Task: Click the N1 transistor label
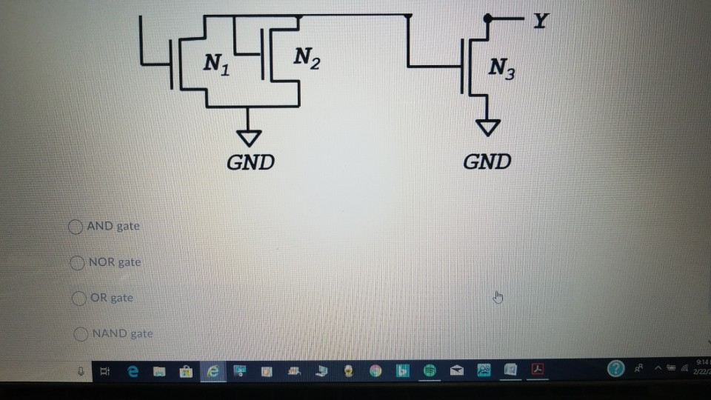click(217, 64)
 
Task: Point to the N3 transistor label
click(500, 71)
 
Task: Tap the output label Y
click(541, 20)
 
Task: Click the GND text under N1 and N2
click(250, 162)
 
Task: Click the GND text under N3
click(487, 161)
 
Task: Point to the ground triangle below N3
click(487, 129)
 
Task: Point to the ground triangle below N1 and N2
click(249, 137)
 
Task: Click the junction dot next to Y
click(487, 18)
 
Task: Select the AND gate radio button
click(76, 227)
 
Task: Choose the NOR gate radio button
click(78, 262)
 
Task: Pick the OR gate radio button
click(81, 299)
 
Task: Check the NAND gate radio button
click(81, 334)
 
